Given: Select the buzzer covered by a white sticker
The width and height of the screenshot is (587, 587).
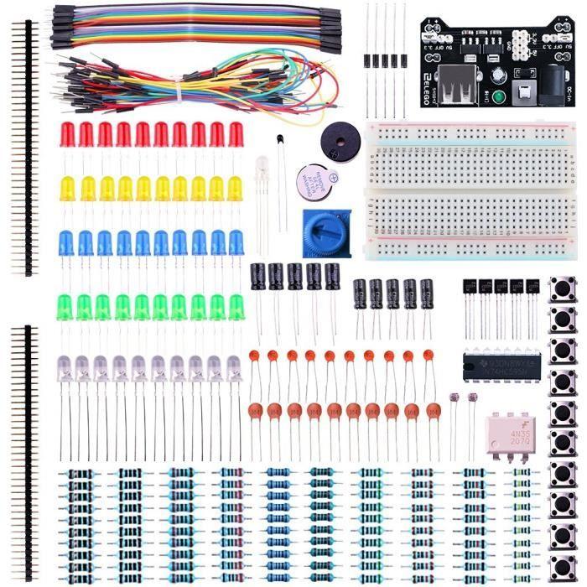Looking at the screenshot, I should click(316, 182).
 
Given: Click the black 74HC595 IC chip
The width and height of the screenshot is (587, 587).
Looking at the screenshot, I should click(497, 366).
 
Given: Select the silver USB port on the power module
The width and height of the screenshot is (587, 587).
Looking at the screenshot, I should click(467, 91).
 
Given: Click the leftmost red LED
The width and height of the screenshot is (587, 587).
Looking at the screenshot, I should click(68, 133).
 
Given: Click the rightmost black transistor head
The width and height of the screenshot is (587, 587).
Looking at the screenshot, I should click(532, 288).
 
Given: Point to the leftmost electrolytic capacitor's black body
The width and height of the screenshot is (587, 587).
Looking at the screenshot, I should click(258, 276).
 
